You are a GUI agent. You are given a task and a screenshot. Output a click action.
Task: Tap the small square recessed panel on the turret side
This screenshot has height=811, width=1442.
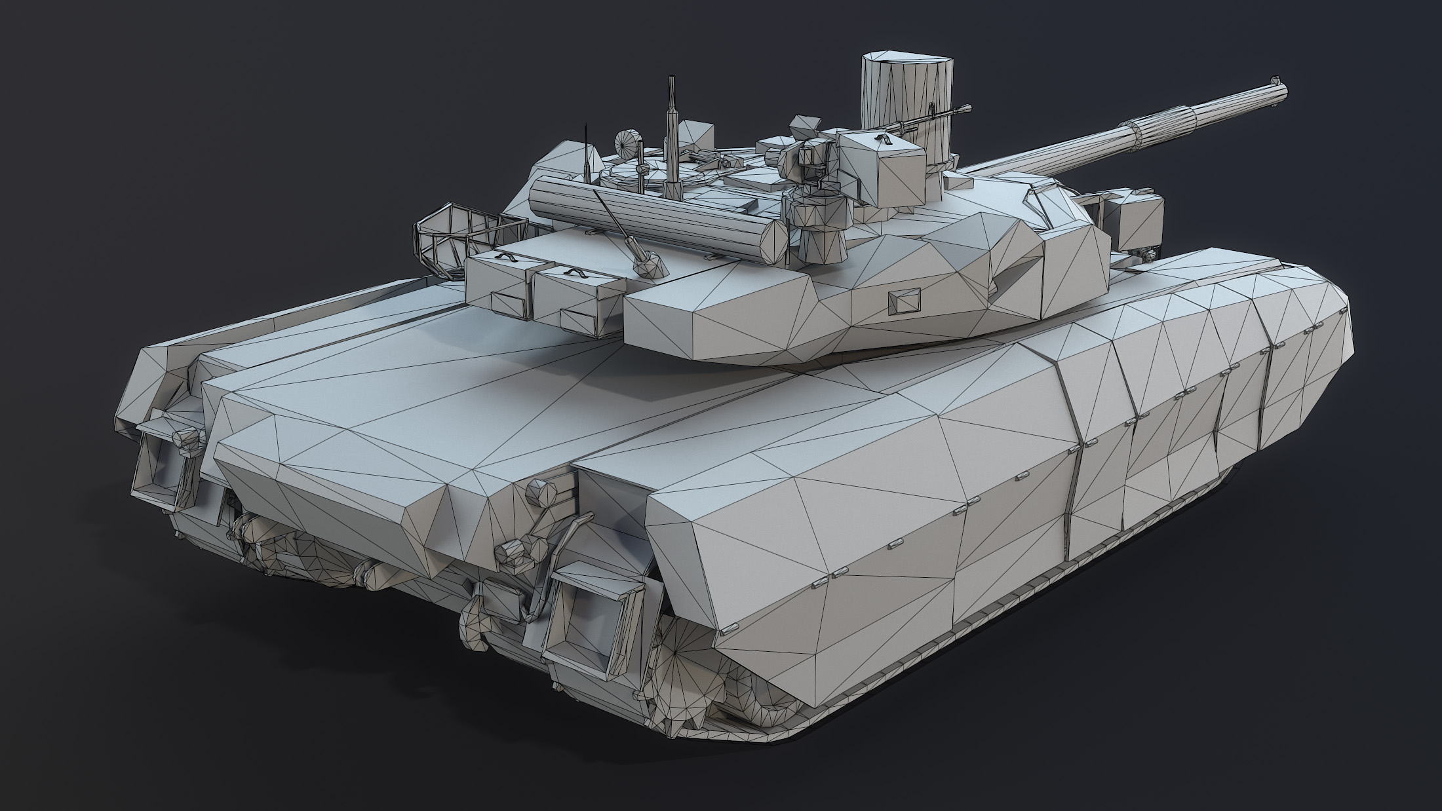pos(903,301)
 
